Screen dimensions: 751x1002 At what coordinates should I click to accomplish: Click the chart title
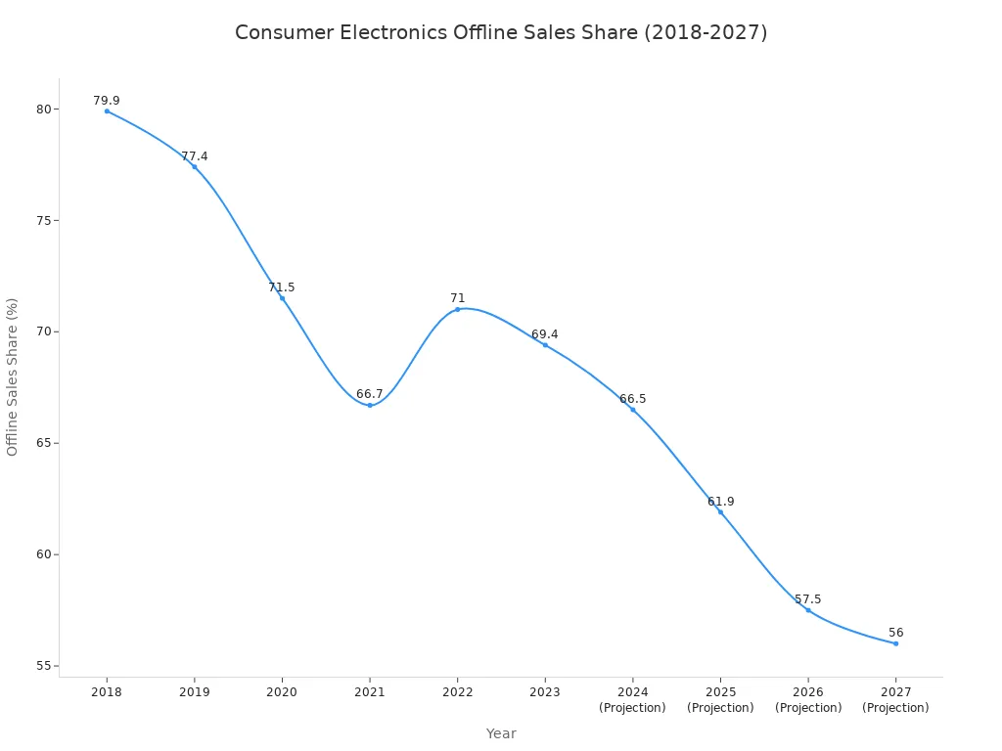pyautogui.click(x=501, y=32)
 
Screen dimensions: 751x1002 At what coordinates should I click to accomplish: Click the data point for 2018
pyautogui.click(x=107, y=111)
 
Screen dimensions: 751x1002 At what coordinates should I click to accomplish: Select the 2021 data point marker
pyautogui.click(x=370, y=405)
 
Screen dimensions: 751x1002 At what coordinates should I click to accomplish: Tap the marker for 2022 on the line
pyautogui.click(x=457, y=309)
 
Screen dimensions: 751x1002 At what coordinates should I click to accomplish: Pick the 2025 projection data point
pyautogui.click(x=720, y=511)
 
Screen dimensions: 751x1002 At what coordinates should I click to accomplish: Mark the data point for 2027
pyautogui.click(x=895, y=643)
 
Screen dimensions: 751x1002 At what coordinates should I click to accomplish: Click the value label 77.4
pyautogui.click(x=195, y=156)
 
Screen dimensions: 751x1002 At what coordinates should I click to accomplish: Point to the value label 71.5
pyautogui.click(x=282, y=287)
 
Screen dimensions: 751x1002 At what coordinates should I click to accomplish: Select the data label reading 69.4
pyautogui.click(x=545, y=334)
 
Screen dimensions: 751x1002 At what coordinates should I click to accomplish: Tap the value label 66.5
pyautogui.click(x=633, y=399)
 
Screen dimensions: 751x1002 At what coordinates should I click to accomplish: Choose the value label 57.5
pyautogui.click(x=808, y=599)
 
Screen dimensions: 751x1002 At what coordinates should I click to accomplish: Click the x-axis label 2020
pyautogui.click(x=282, y=692)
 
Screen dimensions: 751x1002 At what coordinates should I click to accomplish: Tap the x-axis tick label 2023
pyautogui.click(x=545, y=692)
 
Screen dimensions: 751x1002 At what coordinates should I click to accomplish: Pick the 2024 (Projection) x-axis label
pyautogui.click(x=632, y=700)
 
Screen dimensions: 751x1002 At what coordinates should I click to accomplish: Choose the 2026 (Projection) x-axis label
pyautogui.click(x=808, y=700)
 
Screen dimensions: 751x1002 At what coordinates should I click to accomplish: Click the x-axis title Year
pyautogui.click(x=501, y=733)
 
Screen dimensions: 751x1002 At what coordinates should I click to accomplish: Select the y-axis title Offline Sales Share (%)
pyautogui.click(x=13, y=376)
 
